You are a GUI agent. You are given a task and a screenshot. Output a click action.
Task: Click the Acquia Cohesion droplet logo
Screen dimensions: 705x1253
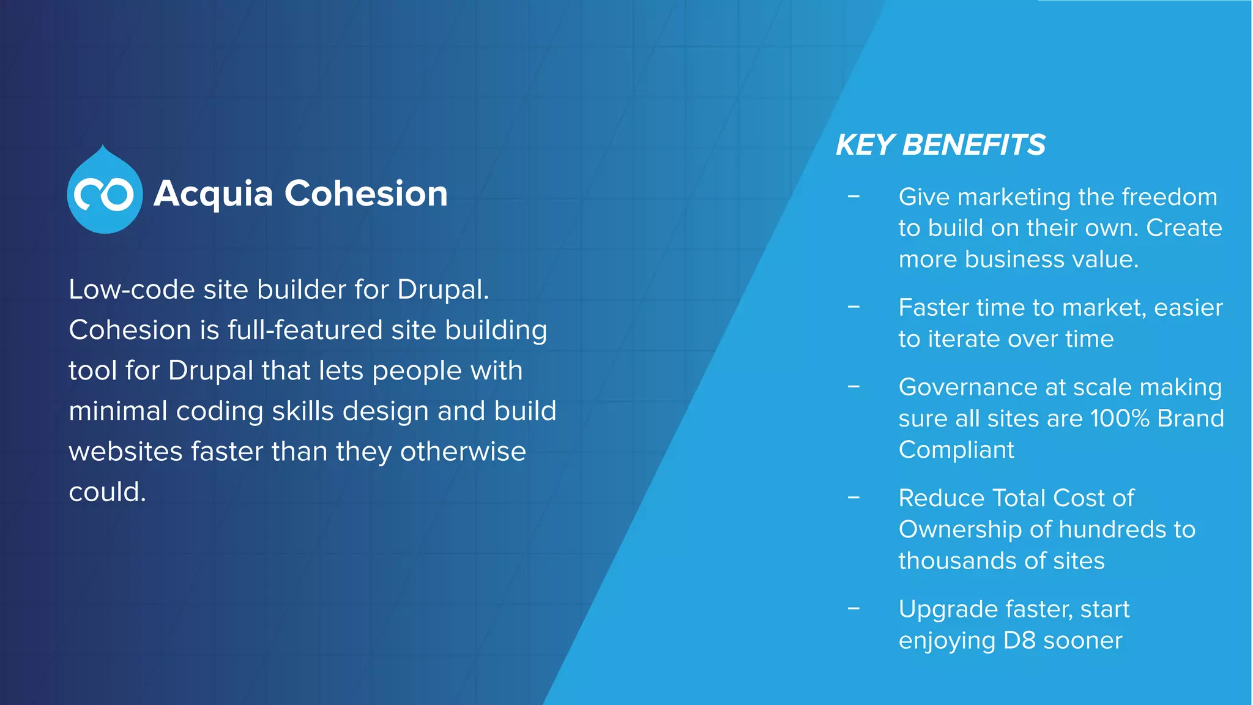pos(105,192)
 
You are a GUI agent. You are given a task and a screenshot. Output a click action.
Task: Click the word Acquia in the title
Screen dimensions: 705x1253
pos(213,194)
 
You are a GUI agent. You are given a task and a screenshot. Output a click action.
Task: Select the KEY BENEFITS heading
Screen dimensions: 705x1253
pos(940,145)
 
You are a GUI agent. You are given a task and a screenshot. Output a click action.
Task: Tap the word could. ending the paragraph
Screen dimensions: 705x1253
pos(107,492)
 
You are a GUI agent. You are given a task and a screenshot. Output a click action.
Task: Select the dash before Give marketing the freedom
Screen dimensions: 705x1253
pos(853,196)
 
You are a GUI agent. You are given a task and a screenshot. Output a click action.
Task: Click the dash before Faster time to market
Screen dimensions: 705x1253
pos(853,307)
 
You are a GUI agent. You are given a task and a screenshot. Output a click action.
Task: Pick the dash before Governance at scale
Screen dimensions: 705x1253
pos(853,387)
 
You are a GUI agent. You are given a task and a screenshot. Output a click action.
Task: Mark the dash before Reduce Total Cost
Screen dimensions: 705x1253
pos(853,498)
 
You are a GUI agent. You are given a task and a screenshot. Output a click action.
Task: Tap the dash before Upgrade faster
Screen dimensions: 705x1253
pos(853,608)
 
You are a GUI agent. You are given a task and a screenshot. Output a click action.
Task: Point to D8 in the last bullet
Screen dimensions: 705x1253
pos(1019,641)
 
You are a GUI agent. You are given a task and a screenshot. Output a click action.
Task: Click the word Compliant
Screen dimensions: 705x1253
pos(956,450)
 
